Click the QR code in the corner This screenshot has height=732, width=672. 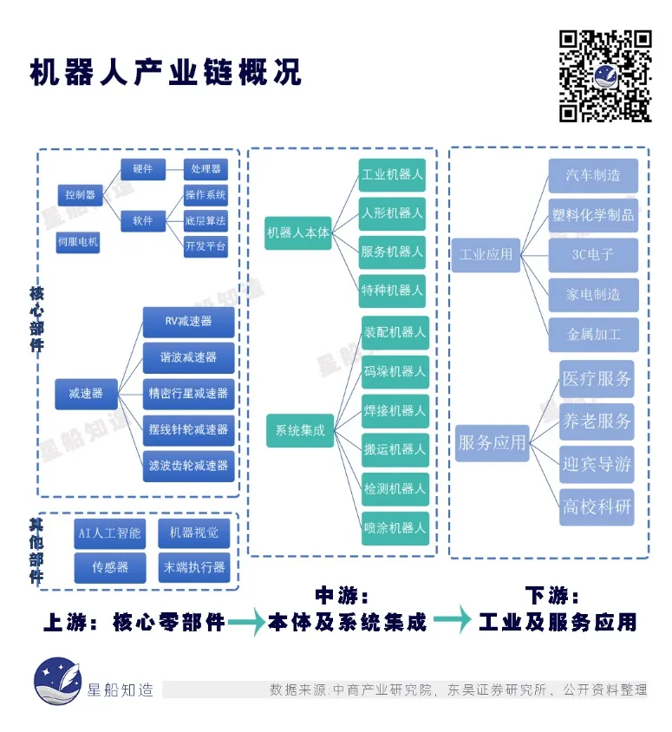tap(605, 76)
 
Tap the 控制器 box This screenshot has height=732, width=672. tap(81, 194)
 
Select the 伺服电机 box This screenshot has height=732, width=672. tap(78, 242)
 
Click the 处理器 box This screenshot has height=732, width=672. tap(206, 169)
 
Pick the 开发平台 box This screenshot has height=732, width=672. tap(206, 246)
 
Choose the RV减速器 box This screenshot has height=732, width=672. tap(188, 322)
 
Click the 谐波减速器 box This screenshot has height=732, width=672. tap(188, 357)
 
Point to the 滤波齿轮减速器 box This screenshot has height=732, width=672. tap(188, 466)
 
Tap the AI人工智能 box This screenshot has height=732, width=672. tap(109, 533)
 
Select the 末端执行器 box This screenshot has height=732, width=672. tap(194, 567)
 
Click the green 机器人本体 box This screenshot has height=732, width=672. tap(297, 232)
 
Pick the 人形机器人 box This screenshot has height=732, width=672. tap(392, 214)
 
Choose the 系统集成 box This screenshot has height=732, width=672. tap(300, 430)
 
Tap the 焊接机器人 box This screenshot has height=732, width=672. tap(395, 411)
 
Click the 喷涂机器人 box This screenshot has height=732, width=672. tap(395, 528)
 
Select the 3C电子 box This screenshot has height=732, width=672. tap(593, 255)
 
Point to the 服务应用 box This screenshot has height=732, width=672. tap(492, 443)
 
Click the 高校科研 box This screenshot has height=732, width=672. tap(597, 507)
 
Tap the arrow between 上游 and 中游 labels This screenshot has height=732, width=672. tap(246, 622)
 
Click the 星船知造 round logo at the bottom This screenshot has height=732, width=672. tap(58, 681)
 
